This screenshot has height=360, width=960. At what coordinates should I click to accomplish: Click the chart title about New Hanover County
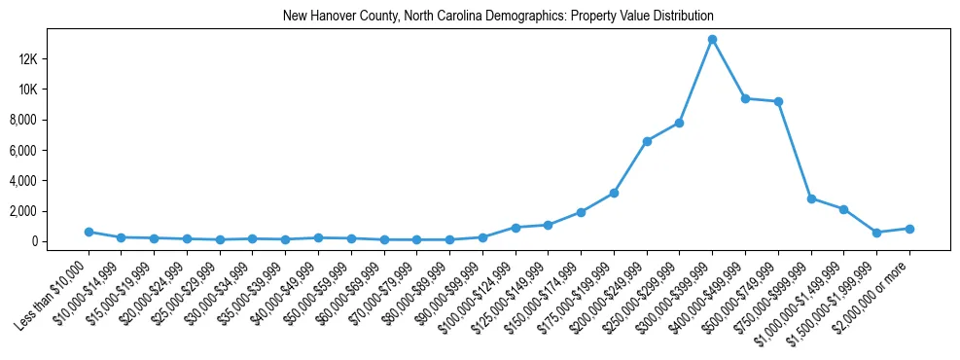[498, 17]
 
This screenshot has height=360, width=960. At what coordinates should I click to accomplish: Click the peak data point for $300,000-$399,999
[712, 39]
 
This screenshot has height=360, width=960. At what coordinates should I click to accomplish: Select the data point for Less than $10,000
[89, 232]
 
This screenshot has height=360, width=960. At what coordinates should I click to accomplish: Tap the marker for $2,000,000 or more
[909, 229]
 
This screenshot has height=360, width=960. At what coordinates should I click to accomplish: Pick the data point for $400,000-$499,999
[745, 98]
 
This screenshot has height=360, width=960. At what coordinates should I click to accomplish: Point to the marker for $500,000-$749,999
[778, 101]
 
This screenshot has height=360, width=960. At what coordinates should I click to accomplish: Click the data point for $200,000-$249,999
[647, 141]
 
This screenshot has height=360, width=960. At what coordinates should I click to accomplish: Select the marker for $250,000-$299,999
[679, 123]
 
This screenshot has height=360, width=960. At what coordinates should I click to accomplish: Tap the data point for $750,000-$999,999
[811, 198]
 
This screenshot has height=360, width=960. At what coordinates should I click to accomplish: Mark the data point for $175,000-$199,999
[614, 193]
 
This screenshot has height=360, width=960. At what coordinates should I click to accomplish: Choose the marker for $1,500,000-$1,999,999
[876, 233]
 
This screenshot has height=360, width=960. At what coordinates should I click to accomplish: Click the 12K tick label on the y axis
[53, 59]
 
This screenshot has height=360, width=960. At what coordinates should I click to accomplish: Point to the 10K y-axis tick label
[53, 90]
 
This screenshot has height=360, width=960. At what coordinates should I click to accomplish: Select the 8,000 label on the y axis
[51, 120]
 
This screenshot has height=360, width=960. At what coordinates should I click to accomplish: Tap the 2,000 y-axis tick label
[51, 211]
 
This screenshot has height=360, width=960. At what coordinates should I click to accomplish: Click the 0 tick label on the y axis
[60, 241]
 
